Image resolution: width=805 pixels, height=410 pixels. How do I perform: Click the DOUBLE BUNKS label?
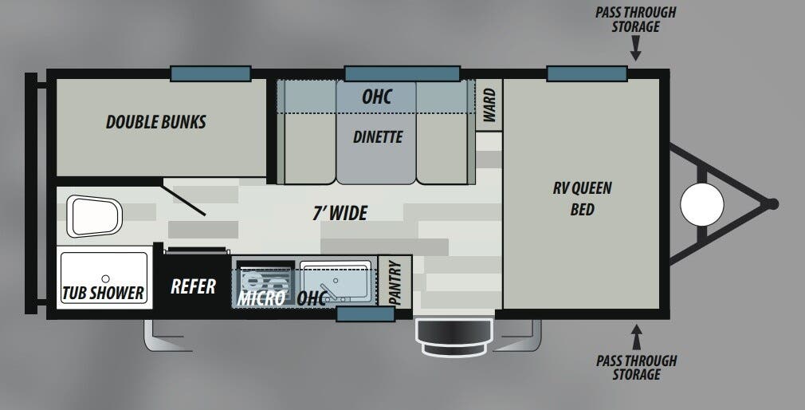[x=156, y=122]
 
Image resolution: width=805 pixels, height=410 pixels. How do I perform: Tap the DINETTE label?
[x=378, y=136]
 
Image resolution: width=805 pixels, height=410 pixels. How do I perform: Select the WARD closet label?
[x=489, y=104]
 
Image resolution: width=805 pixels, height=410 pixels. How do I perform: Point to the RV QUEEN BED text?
[x=582, y=199]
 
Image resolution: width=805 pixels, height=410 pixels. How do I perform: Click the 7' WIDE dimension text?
[x=340, y=213]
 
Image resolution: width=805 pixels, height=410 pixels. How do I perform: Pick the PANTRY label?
[x=395, y=282]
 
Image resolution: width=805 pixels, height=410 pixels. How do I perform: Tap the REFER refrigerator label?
[x=193, y=286]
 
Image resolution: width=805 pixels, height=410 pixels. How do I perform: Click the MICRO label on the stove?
[x=261, y=298]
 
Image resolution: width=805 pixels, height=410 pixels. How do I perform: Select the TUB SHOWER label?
[x=103, y=293]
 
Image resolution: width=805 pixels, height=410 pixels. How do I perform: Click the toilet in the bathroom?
[x=95, y=216]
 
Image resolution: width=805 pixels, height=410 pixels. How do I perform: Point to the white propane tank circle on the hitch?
[x=702, y=204]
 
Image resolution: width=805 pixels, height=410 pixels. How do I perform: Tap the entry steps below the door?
[x=454, y=337]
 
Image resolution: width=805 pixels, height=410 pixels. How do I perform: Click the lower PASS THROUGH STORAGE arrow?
[x=637, y=337]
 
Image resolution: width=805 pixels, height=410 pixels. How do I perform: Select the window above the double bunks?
[x=210, y=73]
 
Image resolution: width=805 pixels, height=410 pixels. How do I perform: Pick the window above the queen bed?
[x=587, y=73]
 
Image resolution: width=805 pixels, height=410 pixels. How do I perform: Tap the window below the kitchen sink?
[x=366, y=313]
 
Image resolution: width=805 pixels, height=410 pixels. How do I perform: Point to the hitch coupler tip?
[x=772, y=204]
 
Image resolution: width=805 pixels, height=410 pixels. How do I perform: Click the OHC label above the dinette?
[x=377, y=97]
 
